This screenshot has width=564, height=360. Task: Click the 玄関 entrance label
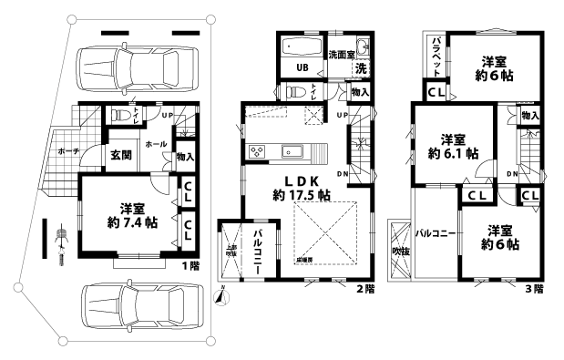pos(122,156)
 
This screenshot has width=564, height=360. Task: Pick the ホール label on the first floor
pos(156,144)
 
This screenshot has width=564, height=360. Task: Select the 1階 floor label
pos(190,265)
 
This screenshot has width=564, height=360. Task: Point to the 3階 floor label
pos(534,289)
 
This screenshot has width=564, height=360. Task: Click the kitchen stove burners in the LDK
pos(253,150)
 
